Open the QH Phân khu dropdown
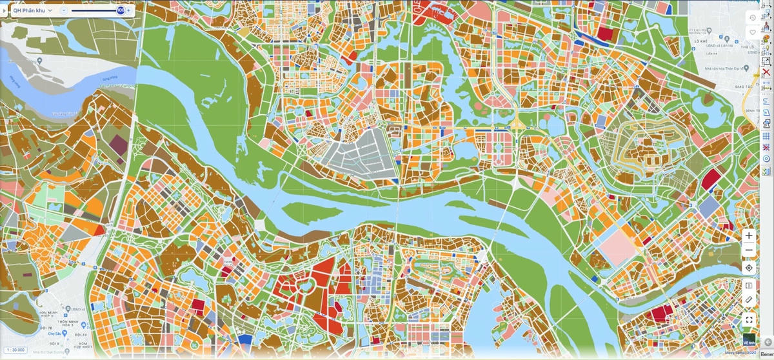(32, 10)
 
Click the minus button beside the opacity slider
(63, 10)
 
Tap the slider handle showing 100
(121, 10)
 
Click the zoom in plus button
(749, 235)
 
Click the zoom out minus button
(749, 250)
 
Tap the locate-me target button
(749, 268)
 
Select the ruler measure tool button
(749, 300)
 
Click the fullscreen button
(749, 319)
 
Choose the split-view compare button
(749, 285)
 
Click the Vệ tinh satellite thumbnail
(749, 339)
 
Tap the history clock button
(752, 17)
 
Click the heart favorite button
(752, 32)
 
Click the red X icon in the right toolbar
(766, 72)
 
